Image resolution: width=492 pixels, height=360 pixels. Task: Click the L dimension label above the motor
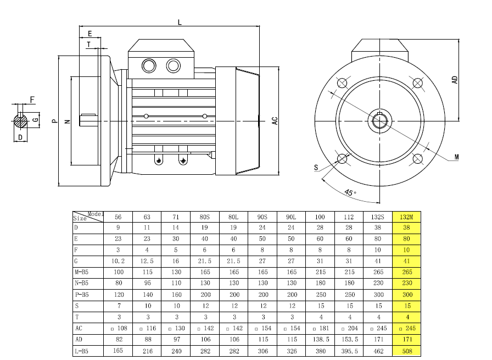(x=180, y=23)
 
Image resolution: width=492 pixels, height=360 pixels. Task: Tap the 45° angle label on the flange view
(x=350, y=192)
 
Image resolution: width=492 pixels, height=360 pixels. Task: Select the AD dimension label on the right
(x=455, y=80)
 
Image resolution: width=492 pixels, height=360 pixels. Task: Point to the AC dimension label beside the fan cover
(x=275, y=121)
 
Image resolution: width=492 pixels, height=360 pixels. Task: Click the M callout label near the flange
(x=456, y=157)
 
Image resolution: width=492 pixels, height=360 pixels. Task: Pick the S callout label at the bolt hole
(x=316, y=168)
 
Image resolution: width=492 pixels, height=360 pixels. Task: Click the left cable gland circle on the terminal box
(x=149, y=66)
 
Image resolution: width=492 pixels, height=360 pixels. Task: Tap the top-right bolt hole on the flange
(x=417, y=83)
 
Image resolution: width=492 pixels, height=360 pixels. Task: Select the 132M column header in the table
(x=406, y=217)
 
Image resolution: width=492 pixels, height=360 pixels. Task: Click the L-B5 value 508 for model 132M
(x=407, y=351)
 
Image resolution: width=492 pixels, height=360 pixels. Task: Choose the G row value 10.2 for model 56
(x=118, y=261)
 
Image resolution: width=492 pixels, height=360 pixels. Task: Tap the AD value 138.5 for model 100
(x=321, y=340)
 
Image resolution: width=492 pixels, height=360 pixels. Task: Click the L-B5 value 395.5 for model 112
(x=349, y=351)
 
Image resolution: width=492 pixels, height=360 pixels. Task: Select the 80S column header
(x=205, y=217)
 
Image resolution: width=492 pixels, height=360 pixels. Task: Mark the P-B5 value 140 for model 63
(x=148, y=295)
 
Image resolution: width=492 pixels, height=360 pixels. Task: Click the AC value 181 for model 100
(x=321, y=328)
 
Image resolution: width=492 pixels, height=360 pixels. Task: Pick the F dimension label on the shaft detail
(x=32, y=99)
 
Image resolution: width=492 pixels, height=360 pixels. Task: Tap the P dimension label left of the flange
(x=54, y=121)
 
